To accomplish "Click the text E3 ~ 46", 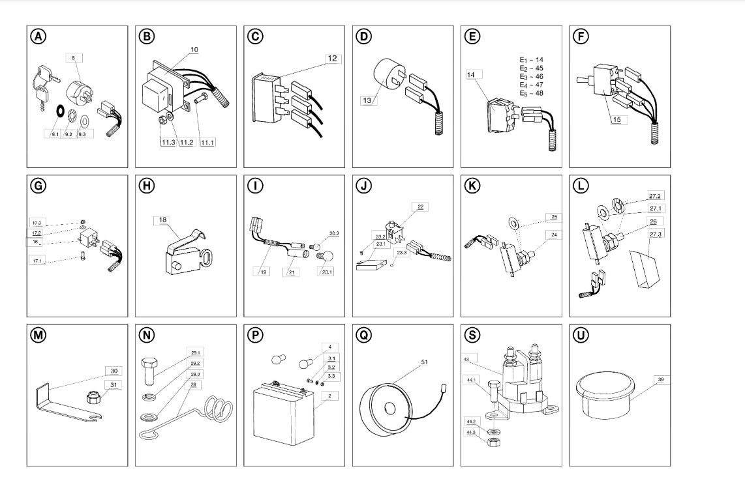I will pos(530,77).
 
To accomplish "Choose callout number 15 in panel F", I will pos(618,119).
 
